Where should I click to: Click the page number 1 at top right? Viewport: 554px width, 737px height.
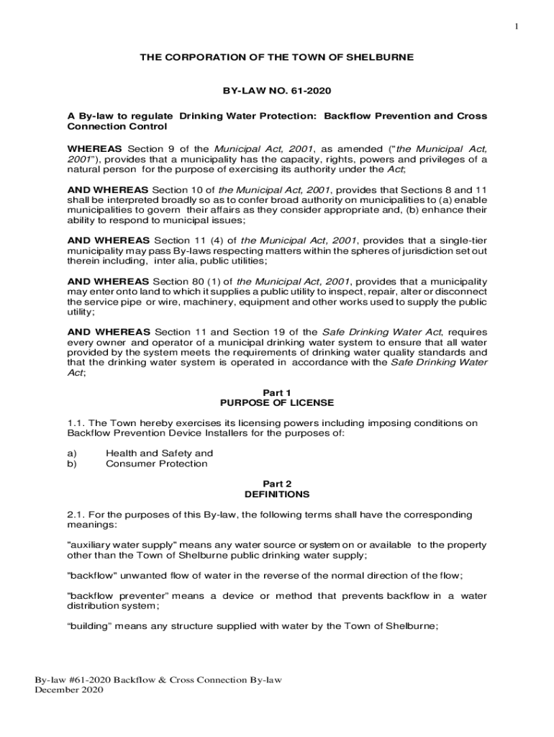[x=516, y=27]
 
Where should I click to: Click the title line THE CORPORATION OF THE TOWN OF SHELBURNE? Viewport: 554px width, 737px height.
[x=277, y=57]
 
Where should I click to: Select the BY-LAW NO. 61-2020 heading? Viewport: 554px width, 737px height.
[x=277, y=91]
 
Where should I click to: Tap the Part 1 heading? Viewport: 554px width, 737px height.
[x=276, y=392]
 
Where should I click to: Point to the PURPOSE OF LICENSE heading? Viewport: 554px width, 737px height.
[x=277, y=402]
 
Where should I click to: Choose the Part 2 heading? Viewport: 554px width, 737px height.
[x=277, y=484]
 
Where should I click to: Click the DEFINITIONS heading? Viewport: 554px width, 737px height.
[x=277, y=494]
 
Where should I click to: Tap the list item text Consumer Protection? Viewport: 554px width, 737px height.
[x=156, y=464]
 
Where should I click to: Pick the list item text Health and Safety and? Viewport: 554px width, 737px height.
[x=159, y=453]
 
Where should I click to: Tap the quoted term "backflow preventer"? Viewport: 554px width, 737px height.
[x=117, y=596]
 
